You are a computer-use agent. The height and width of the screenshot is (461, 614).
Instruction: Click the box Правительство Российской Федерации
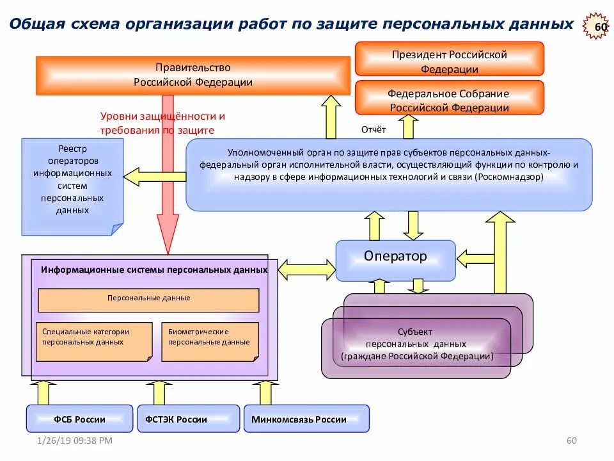click(193, 75)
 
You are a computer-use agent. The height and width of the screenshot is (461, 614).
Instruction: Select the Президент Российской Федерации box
click(449, 60)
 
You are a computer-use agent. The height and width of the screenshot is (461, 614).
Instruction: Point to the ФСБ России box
click(79, 419)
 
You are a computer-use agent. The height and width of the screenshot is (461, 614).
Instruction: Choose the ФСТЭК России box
click(189, 419)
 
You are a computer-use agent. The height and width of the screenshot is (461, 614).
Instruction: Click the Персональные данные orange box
click(148, 299)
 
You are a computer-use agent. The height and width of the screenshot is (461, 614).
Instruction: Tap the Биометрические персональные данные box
click(210, 339)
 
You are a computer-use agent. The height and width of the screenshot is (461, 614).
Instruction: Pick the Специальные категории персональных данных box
click(94, 339)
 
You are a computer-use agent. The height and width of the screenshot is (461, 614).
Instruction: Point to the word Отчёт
click(374, 130)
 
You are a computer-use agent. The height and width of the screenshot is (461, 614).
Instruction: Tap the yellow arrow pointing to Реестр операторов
click(153, 174)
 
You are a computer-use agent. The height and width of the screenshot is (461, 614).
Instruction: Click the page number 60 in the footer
click(572, 441)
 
